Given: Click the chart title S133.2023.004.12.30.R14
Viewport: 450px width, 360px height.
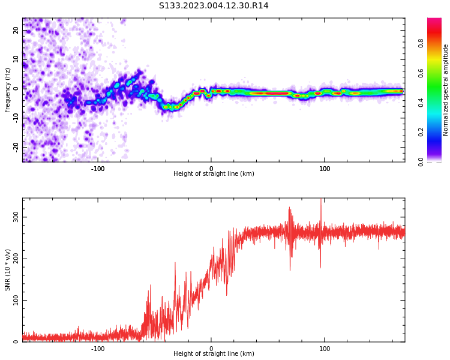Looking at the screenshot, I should pos(214,6).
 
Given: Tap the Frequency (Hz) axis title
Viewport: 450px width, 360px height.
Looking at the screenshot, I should pos(8,90).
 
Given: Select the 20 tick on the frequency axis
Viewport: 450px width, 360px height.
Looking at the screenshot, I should pos(16,29).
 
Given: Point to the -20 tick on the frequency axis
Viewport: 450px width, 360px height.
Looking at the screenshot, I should pos(16,146).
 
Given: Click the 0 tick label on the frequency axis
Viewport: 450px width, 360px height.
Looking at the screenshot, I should pos(16,88).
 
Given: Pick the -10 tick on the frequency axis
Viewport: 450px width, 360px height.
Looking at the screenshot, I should pos(16,118).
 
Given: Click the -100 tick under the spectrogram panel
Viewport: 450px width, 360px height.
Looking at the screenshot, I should pos(98,169).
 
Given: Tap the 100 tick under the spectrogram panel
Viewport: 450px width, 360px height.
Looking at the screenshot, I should pos(325,169).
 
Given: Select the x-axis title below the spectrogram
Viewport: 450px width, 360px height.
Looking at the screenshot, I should pos(214,174).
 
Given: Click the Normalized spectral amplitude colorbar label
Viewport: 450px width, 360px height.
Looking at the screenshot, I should pos(446,90).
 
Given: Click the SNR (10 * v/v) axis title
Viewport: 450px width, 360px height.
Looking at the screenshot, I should pos(8,270).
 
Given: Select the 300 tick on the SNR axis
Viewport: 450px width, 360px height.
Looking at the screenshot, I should pos(16,217).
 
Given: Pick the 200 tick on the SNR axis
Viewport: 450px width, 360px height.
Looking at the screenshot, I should pos(16,259).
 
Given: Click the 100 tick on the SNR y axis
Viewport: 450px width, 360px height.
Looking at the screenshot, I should pos(16,300).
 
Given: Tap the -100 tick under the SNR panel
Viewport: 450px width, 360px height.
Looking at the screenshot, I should pos(98,349).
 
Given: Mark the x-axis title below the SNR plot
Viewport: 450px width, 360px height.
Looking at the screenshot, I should pos(214,354).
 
